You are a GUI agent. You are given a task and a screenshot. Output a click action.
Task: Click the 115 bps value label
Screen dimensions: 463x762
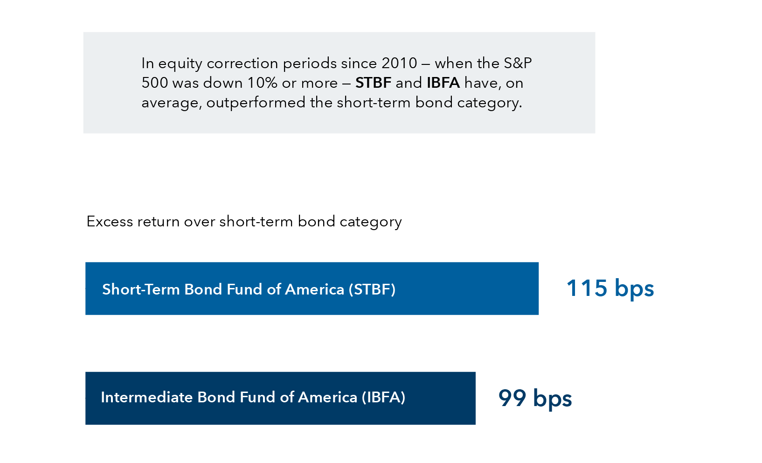pyautogui.click(x=610, y=288)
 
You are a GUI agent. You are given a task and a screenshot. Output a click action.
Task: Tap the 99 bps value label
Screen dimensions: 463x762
pyautogui.click(x=534, y=398)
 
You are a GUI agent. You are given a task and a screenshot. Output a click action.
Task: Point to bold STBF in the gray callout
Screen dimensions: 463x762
pyautogui.click(x=373, y=83)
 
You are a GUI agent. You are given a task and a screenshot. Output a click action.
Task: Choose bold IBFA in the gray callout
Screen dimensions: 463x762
pyautogui.click(x=443, y=83)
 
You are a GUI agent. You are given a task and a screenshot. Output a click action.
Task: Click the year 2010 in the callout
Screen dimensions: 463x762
pyautogui.click(x=399, y=63)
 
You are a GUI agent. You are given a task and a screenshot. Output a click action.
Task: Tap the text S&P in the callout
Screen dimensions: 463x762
pyautogui.click(x=518, y=63)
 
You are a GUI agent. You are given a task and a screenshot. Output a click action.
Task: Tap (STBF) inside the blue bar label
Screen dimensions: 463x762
pyautogui.click(x=372, y=289)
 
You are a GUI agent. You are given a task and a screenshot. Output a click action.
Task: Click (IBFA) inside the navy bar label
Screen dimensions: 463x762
pyautogui.click(x=383, y=397)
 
